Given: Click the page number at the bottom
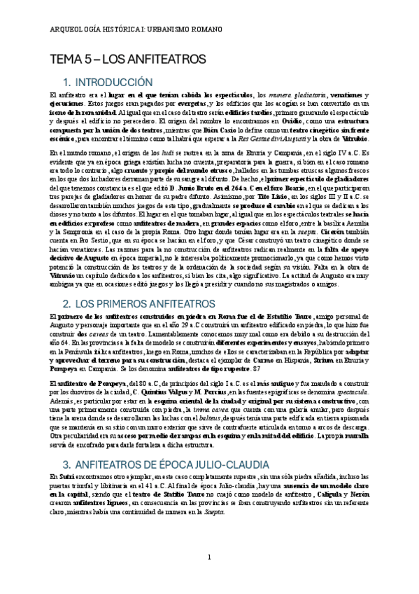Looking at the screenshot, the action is click(209, 557).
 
